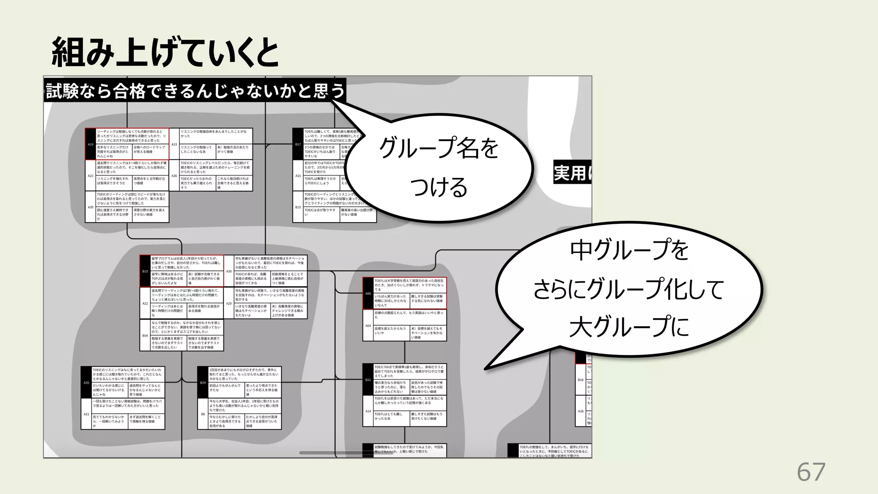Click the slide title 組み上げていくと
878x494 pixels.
click(165, 54)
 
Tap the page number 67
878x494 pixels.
click(811, 472)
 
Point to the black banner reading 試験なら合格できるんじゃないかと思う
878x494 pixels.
click(195, 90)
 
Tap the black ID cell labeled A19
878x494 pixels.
click(90, 144)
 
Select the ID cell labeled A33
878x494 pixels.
click(174, 144)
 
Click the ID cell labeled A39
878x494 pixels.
click(90, 207)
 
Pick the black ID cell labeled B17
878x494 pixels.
click(298, 144)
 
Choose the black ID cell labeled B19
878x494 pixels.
click(145, 271)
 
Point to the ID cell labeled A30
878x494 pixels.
click(229, 271)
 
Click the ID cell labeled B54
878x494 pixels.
click(145, 335)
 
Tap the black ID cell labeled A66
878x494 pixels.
click(368, 293)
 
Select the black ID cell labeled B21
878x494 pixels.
click(368, 380)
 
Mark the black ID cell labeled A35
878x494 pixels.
click(87, 383)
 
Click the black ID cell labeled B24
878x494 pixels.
click(203, 383)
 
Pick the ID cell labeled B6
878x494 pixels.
click(203, 414)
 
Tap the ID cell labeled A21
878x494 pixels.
click(87, 414)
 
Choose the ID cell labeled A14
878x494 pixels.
click(368, 411)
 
